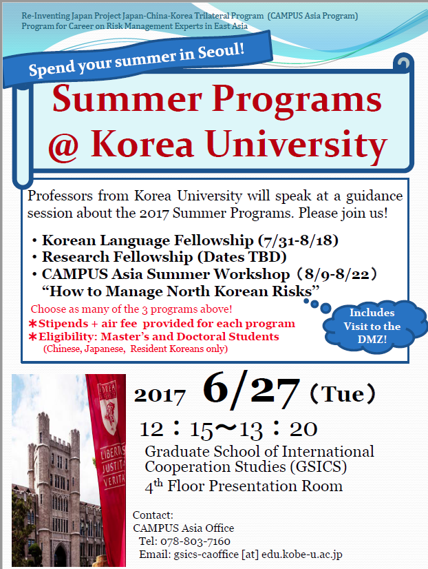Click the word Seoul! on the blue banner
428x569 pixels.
point(221,51)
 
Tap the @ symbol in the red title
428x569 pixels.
point(63,146)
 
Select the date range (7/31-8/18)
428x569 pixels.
point(298,240)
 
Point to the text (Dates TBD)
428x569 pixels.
point(242,257)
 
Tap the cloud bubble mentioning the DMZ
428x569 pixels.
point(372,327)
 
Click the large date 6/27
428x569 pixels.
point(251,390)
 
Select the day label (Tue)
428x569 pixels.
point(343,394)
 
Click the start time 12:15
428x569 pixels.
point(176,429)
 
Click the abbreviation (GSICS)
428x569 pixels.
point(318,467)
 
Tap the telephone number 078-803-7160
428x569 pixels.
point(195,541)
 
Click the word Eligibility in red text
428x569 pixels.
point(67,337)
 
